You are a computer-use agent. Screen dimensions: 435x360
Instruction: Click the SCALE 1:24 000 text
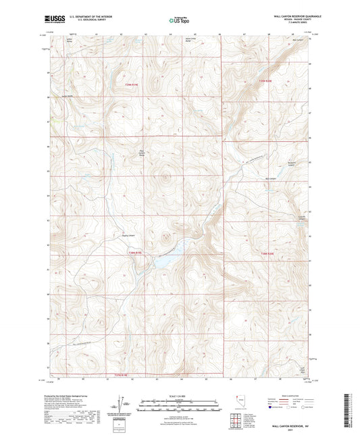click(179, 396)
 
